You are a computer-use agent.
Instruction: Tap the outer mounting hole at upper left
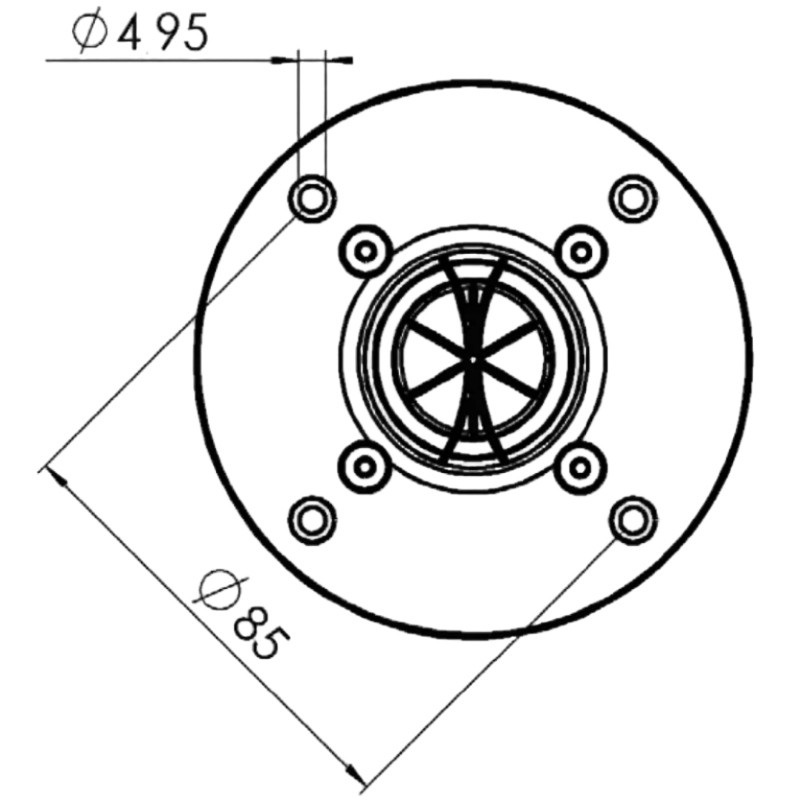(x=311, y=198)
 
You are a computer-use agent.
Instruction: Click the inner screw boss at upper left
(x=365, y=251)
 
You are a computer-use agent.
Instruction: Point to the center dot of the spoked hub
(x=472, y=359)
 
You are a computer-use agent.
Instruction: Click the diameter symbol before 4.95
(x=90, y=34)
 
